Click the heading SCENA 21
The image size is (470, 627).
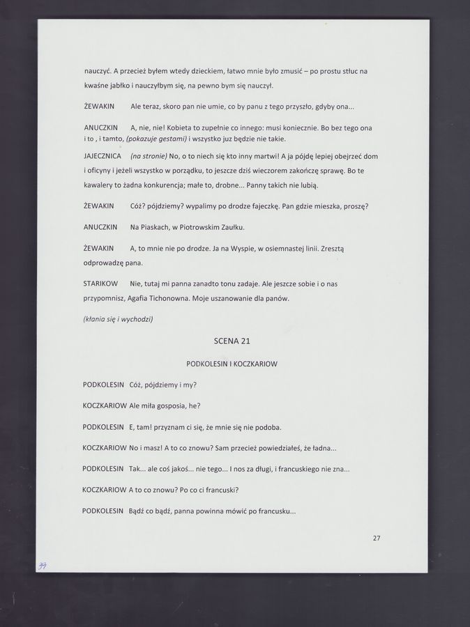coord(232,341)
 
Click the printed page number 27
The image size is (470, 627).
coord(377,538)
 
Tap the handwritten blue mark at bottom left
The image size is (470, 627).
coord(43,566)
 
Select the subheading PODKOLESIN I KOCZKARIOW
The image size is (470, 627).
coord(232,364)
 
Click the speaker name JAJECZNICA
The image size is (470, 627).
coord(103,156)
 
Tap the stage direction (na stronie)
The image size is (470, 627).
coord(149,156)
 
